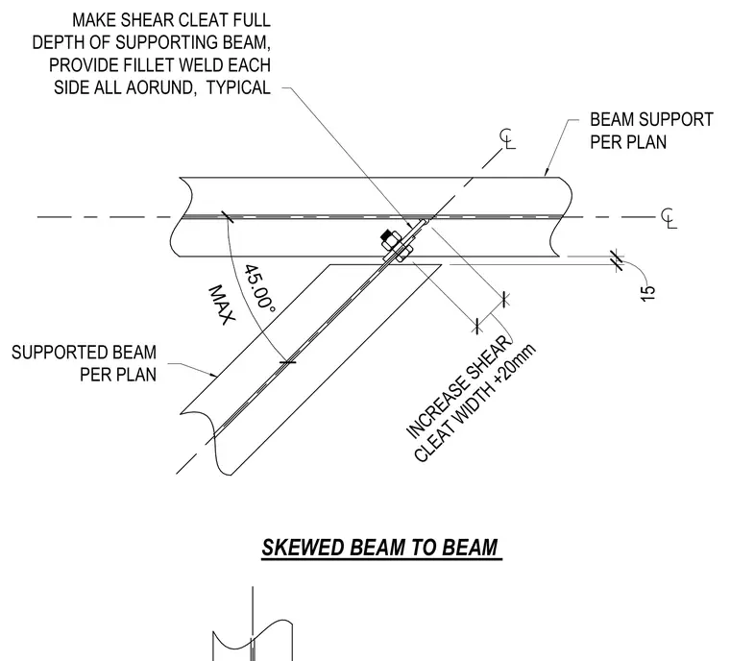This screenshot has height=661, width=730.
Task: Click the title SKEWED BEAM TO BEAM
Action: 381,547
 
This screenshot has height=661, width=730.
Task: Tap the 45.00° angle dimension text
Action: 259,288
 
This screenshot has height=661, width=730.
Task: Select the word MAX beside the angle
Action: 221,305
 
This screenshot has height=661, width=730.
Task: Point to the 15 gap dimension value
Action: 648,293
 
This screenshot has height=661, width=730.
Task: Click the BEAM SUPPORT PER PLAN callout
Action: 651,131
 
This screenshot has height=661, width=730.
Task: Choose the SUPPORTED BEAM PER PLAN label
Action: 84,363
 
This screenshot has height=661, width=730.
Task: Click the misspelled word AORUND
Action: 159,87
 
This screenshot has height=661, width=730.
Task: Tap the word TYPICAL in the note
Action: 238,87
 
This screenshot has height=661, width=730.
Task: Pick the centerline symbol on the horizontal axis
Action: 669,218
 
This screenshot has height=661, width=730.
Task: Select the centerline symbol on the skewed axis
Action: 508,138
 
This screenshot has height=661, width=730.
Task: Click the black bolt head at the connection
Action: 388,234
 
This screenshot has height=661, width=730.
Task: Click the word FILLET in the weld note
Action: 149,65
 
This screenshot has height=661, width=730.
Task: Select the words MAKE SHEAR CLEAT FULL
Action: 171,20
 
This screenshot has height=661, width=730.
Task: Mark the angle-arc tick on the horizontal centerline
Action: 228,216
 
